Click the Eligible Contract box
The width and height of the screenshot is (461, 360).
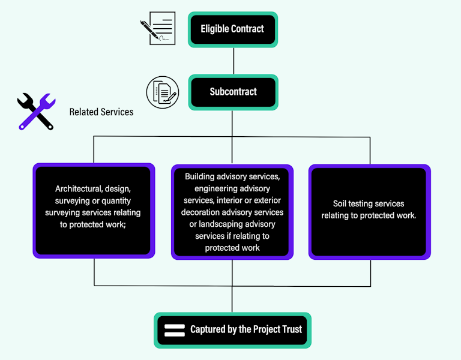232,29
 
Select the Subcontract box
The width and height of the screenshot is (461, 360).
232,92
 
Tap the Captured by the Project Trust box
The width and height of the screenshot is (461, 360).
232,329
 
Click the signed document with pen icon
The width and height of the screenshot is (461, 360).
158,28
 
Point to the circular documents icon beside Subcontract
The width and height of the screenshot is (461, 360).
163,92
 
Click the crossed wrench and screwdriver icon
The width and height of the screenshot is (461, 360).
35,112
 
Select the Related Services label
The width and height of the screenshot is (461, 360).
101,112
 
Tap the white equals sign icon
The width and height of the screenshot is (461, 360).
174,329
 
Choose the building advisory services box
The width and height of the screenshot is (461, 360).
232,212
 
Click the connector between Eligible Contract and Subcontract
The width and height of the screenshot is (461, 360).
232,61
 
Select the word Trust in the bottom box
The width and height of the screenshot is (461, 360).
291,329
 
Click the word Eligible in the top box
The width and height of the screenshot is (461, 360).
214,29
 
